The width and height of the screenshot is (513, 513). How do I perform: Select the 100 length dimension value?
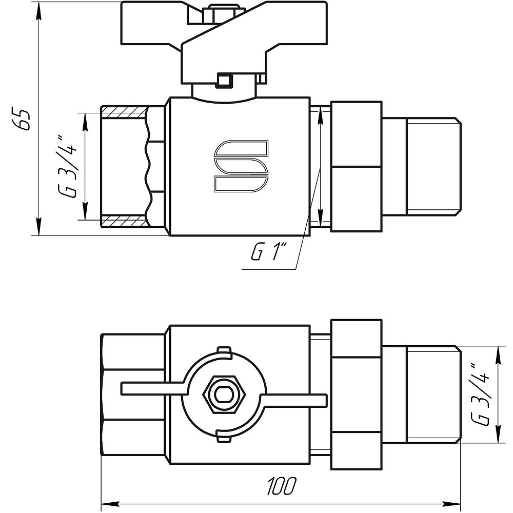tap(281, 485)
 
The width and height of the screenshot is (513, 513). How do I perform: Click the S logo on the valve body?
tap(241, 166)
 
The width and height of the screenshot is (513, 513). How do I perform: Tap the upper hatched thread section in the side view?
tap(124, 112)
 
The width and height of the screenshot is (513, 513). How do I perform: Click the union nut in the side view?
tap(356, 167)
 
